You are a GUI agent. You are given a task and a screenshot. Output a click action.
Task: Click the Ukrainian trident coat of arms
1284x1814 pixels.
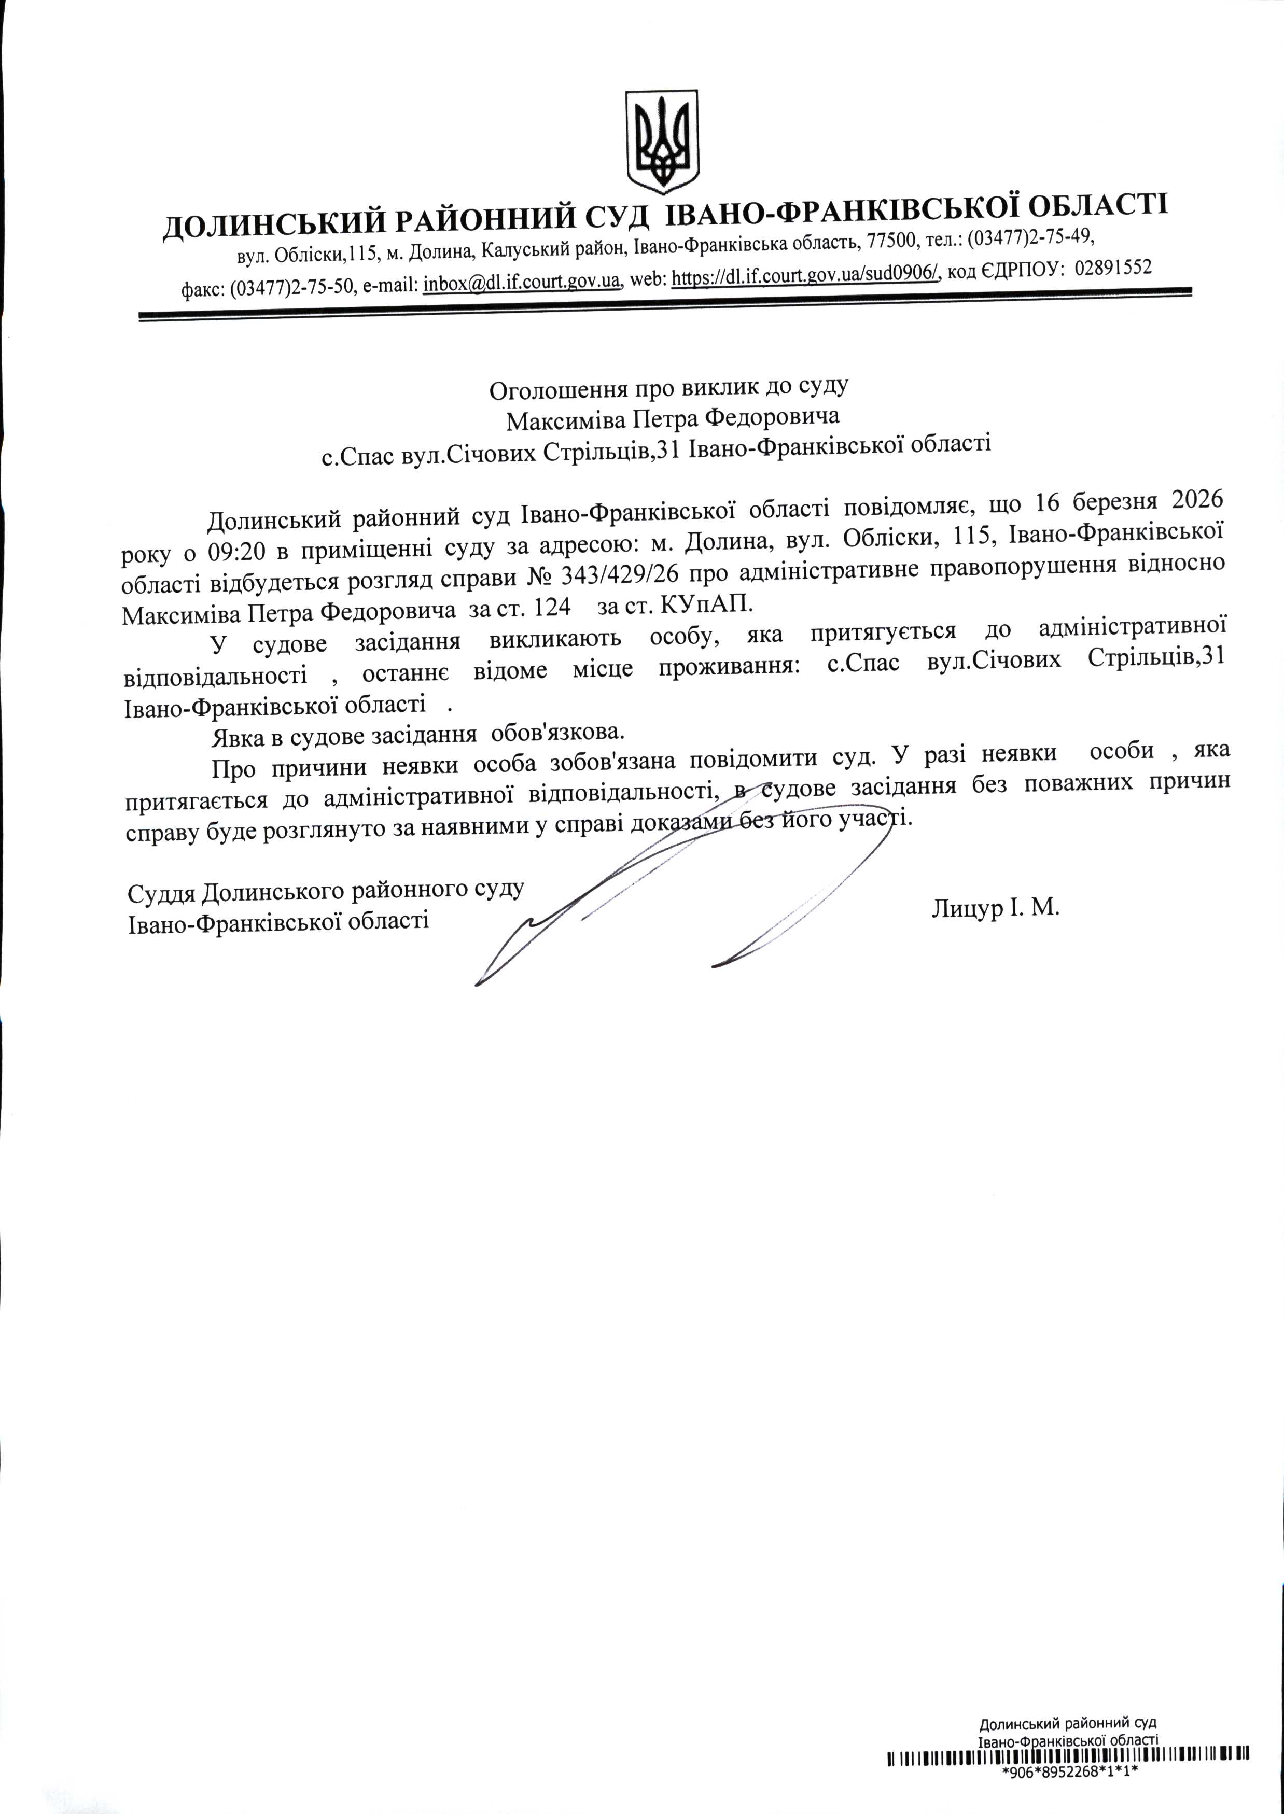662,142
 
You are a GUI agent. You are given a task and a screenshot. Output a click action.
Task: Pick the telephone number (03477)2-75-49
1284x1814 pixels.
1030,236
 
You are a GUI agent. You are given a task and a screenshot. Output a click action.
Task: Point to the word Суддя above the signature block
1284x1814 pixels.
161,893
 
